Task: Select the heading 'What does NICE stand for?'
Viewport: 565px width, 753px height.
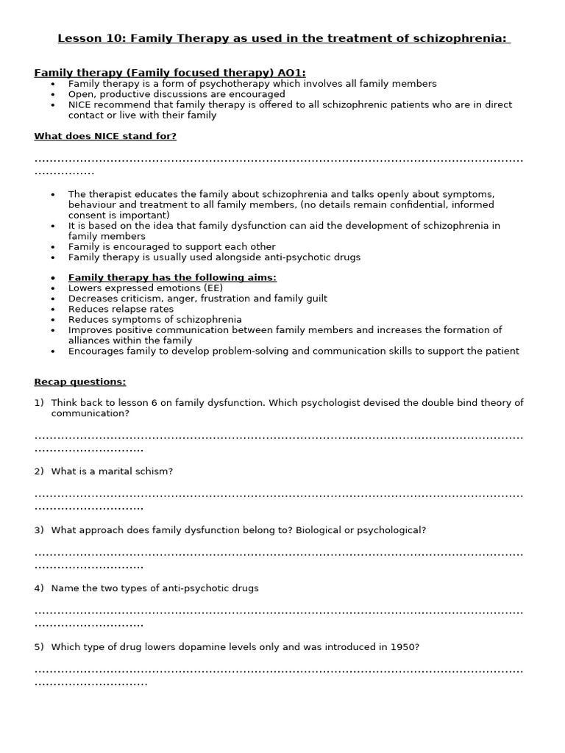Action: pyautogui.click(x=105, y=136)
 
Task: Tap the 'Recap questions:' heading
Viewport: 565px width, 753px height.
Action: pyautogui.click(x=80, y=382)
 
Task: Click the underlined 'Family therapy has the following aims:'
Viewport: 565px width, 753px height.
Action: pyautogui.click(x=172, y=277)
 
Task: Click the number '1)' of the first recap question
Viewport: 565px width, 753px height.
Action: pyautogui.click(x=39, y=403)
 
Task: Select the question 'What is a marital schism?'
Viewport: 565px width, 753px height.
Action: pyautogui.click(x=112, y=471)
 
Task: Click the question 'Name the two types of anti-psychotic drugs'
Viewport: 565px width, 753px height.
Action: pyautogui.click(x=154, y=588)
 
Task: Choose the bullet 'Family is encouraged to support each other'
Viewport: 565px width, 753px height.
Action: pyautogui.click(x=171, y=246)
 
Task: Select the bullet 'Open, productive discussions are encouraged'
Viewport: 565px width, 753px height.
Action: pyautogui.click(x=177, y=94)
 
